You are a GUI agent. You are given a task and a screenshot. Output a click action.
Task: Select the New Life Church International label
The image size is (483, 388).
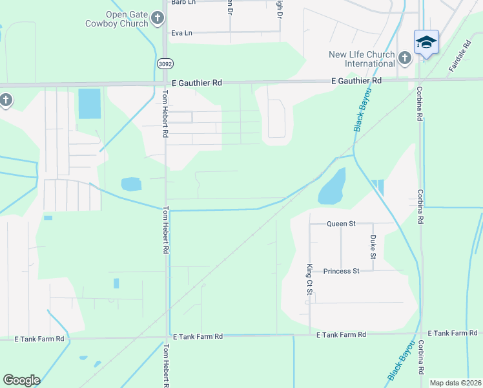coord(361,59)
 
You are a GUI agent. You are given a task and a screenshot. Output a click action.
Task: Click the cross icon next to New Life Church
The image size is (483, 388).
coord(405,59)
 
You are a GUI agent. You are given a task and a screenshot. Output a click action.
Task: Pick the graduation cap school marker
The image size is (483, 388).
coord(426,43)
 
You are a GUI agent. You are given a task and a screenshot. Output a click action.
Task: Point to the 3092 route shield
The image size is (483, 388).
coord(165,63)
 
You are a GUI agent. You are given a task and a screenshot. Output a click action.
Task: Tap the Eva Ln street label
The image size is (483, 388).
coord(181,32)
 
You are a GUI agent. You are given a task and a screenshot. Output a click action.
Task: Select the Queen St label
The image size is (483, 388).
coord(342,224)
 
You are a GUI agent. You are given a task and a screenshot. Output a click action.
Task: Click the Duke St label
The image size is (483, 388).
coord(373,247)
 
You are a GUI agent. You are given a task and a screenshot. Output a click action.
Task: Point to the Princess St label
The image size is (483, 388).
coord(341,271)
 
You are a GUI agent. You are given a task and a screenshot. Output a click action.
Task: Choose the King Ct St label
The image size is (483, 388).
coord(309,280)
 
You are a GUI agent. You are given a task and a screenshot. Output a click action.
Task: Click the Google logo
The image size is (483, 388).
coord(21,380)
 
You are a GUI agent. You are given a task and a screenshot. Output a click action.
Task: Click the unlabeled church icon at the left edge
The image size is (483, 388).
coord(5,100)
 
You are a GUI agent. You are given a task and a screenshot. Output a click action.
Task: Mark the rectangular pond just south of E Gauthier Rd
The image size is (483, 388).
coord(89,103)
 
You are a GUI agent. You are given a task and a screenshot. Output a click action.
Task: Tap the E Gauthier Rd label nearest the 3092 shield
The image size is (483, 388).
coord(197,83)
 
